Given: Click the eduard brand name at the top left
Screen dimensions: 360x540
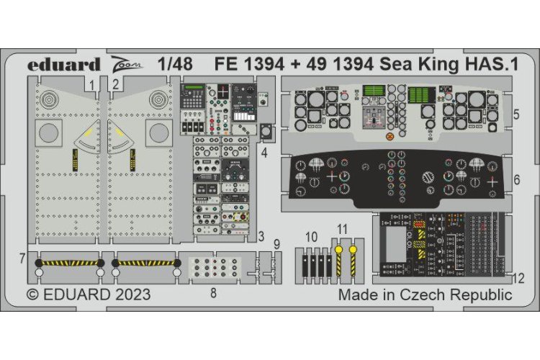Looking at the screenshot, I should coord(64,64).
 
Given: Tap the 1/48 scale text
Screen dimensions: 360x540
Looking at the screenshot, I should coord(176,64).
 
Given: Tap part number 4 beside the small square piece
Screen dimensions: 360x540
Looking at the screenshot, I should coord(264,152).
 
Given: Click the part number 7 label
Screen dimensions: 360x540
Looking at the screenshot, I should coord(23,257).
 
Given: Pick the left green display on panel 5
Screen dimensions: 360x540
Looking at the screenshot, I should coord(372,93).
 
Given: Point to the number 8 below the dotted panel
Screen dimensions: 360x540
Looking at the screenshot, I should coord(212,293).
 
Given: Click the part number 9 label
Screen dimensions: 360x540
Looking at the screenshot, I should coord(277,244).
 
